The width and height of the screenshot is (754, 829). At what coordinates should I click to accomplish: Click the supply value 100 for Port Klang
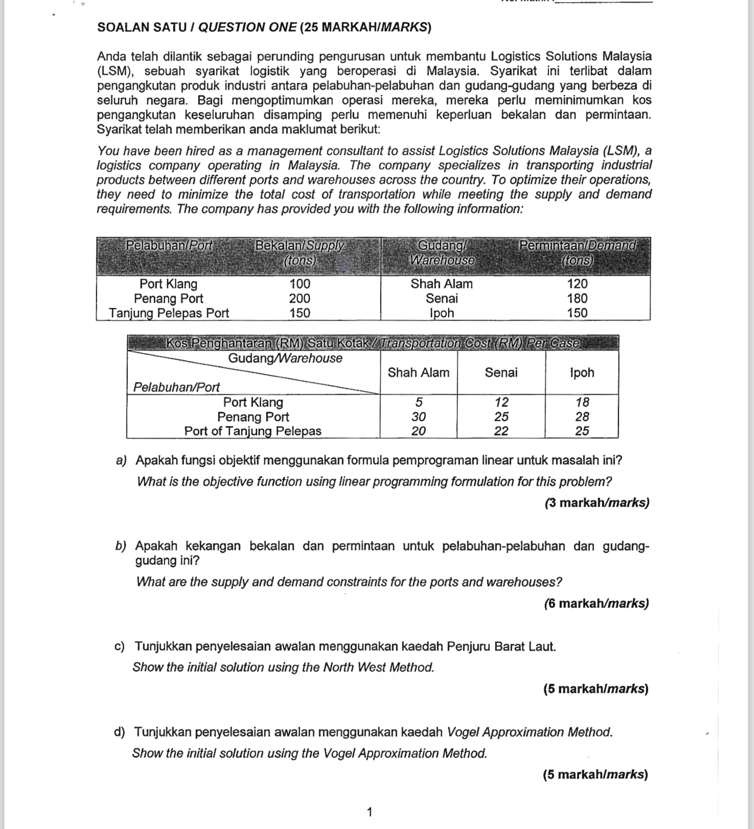click(300, 284)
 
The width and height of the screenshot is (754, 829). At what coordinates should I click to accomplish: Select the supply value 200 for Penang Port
click(300, 299)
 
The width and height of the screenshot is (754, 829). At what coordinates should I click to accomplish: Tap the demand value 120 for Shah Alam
click(577, 284)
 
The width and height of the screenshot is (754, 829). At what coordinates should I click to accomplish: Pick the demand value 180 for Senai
click(577, 299)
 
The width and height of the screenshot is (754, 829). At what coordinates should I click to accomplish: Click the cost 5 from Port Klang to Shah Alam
click(418, 402)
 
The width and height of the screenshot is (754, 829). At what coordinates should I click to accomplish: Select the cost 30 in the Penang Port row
click(418, 417)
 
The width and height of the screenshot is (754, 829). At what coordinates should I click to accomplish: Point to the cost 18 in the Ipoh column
click(582, 402)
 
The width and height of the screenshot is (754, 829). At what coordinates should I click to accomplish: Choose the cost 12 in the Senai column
click(501, 402)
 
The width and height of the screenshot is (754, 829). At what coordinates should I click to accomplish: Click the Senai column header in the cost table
click(501, 373)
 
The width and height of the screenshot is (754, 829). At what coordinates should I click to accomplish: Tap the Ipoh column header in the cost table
click(582, 373)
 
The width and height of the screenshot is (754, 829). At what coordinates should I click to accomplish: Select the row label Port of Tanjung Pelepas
click(253, 431)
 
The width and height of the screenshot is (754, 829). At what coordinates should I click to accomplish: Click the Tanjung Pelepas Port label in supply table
click(169, 313)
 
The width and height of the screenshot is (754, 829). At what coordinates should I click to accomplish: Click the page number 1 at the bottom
click(370, 812)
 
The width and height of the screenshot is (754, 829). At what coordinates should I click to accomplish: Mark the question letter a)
click(121, 461)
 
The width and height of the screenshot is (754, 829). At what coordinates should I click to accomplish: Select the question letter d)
click(120, 732)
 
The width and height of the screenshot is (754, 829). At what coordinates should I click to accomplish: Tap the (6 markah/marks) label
click(597, 603)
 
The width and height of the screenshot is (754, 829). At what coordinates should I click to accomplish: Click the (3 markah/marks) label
click(597, 503)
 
